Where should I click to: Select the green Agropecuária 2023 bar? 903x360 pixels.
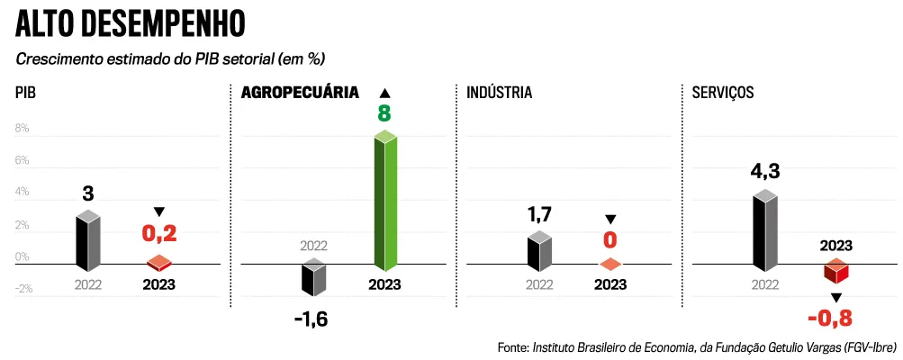[385, 202]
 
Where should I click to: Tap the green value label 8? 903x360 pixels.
[384, 114]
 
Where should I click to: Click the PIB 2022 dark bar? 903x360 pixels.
[87, 240]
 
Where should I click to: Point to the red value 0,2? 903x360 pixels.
[158, 234]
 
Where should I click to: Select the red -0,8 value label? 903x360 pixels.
[830, 317]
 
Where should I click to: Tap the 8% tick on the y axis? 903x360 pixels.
[21, 129]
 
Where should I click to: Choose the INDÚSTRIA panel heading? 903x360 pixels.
[500, 93]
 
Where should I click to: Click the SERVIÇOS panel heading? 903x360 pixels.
[723, 93]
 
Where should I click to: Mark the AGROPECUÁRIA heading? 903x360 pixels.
[300, 93]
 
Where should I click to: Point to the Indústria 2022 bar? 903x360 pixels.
[539, 252]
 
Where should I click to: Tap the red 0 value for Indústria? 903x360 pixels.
[610, 239]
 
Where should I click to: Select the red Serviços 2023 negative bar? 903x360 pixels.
[836, 273]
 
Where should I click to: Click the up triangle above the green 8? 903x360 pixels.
[384, 93]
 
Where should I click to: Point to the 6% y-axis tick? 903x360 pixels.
[21, 161]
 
